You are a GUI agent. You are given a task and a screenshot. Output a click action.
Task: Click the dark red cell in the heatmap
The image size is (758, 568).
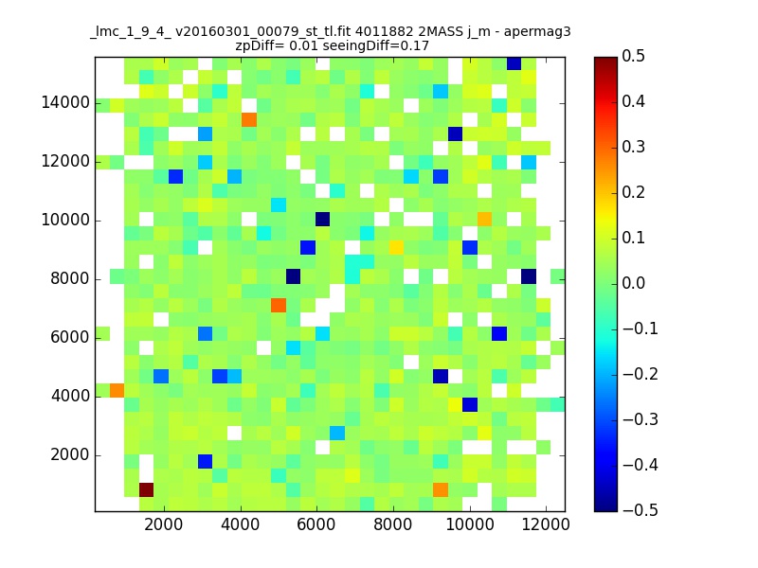(x=147, y=489)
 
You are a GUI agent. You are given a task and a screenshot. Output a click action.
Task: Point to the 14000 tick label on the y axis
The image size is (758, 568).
(x=65, y=102)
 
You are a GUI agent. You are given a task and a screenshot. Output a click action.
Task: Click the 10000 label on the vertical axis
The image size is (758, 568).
(x=65, y=220)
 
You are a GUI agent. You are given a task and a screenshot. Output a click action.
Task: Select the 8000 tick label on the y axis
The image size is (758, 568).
(x=70, y=278)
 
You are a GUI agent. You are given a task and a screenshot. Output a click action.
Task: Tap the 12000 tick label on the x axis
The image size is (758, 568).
(x=546, y=524)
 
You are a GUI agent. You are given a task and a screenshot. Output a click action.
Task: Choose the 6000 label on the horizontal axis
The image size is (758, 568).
(x=316, y=524)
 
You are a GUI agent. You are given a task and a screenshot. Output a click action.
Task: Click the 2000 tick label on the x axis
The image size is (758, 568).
(x=164, y=524)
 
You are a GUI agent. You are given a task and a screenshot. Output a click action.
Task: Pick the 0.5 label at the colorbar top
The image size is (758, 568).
(x=633, y=56)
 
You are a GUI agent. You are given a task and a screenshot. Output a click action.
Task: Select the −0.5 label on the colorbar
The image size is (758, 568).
(x=641, y=510)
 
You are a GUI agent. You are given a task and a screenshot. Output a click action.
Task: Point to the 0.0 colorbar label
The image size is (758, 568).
(x=633, y=283)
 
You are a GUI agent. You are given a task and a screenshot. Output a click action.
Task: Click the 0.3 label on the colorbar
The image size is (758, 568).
(x=633, y=147)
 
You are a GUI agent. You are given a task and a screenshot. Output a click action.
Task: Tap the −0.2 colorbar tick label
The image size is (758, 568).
(x=641, y=374)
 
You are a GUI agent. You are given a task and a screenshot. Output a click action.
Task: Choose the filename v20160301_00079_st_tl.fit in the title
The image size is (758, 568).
(x=263, y=32)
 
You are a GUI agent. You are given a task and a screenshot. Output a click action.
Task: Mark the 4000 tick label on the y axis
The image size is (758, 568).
(x=70, y=396)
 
